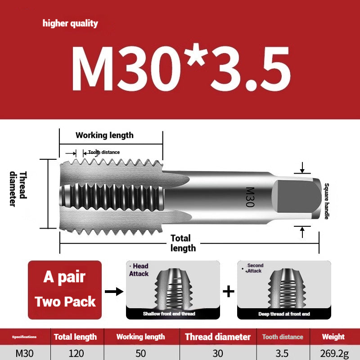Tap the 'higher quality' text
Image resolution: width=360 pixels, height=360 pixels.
point(70,23)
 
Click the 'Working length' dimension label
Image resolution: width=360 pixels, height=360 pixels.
point(104,135)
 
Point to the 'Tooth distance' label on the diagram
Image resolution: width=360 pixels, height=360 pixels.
point(104,152)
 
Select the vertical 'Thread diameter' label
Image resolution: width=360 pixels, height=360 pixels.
point(18,189)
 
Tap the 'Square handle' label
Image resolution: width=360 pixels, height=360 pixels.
point(327,201)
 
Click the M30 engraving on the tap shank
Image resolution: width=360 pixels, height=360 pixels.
point(250,197)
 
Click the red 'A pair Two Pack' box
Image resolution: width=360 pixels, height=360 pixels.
point(65,290)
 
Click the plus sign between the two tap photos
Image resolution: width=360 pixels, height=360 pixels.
point(229,291)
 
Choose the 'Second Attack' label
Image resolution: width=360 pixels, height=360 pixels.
point(255,268)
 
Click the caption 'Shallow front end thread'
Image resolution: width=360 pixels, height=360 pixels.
point(169,314)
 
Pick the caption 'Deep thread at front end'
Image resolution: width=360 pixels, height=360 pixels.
point(284,314)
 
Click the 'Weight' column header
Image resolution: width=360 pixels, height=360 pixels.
point(333,337)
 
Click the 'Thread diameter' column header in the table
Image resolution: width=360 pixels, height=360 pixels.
point(218,337)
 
